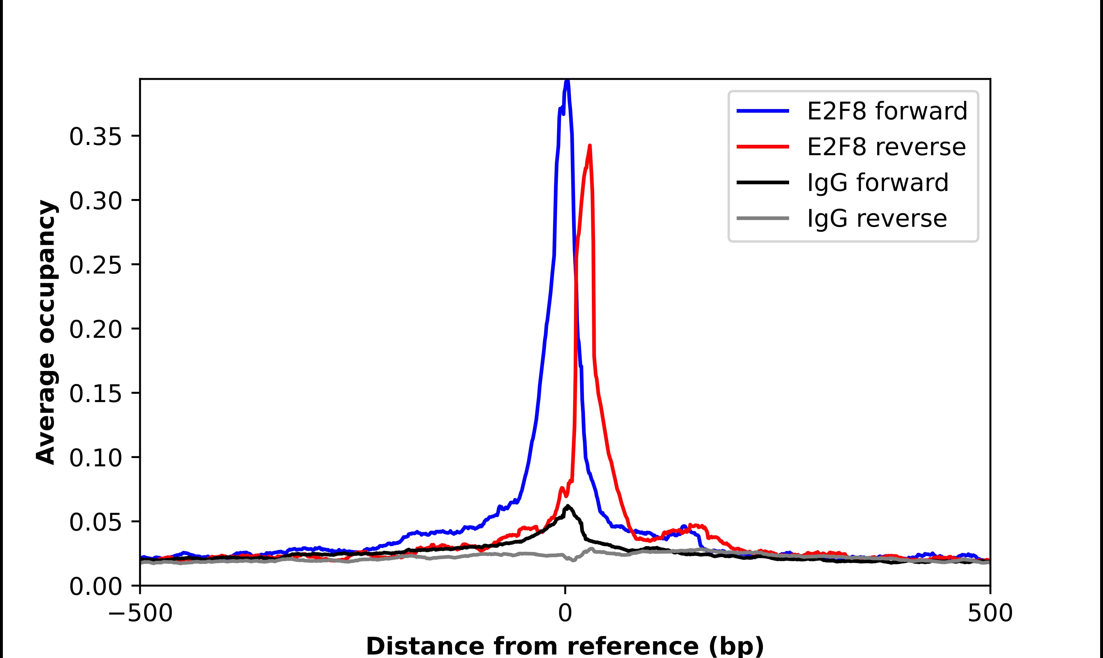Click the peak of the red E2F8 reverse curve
click(589, 146)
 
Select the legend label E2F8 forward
click(887, 111)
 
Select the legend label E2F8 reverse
click(886, 147)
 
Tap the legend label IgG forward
click(877, 183)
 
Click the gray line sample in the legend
click(763, 218)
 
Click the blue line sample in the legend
click(763, 111)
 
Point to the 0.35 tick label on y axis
click(95, 137)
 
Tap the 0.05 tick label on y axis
click(95, 522)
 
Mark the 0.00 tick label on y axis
click(95, 586)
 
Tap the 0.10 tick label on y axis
click(95, 458)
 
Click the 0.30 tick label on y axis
click(95, 201)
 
